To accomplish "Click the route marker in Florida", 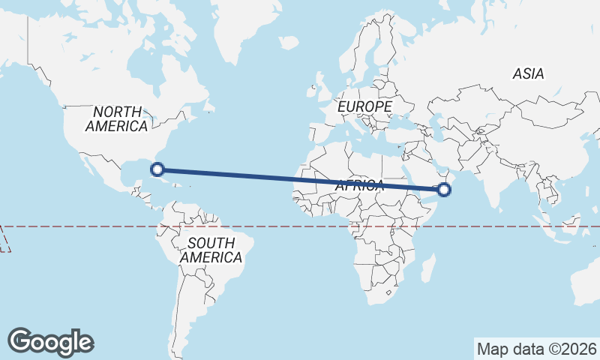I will [x=157, y=169].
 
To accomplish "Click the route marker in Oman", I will [x=444, y=190].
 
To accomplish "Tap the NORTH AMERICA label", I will [x=116, y=119].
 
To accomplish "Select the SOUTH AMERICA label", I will [x=211, y=250].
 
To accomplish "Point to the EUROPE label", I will [x=364, y=108].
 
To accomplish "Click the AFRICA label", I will [x=360, y=185].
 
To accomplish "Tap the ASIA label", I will [x=528, y=73].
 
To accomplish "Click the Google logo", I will [x=50, y=341].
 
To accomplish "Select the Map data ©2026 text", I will [x=537, y=349].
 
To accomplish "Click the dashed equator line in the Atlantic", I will [x=277, y=226].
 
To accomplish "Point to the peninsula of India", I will [x=495, y=180].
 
